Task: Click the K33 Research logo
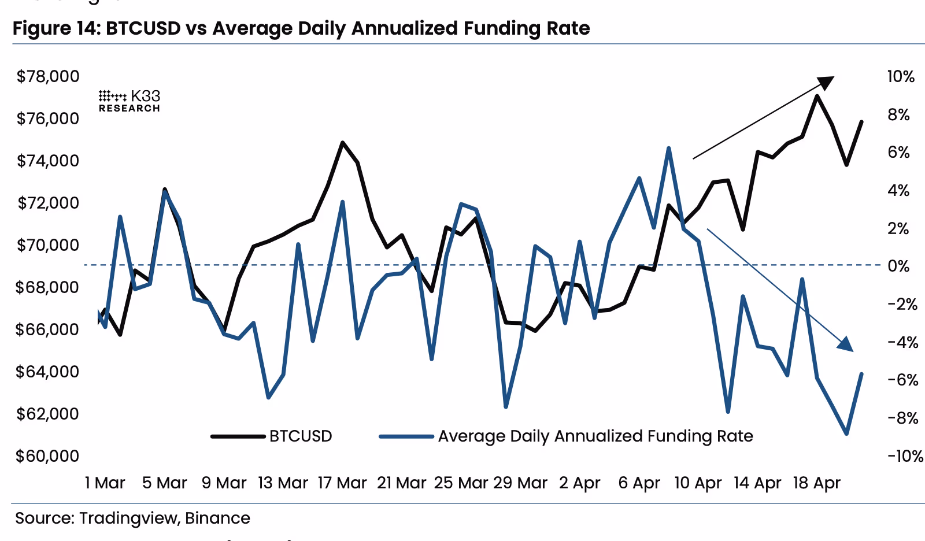[x=129, y=101]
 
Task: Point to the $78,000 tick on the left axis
[x=48, y=76]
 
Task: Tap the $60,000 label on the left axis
[x=48, y=456]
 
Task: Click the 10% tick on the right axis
[x=901, y=76]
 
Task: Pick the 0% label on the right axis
[x=898, y=266]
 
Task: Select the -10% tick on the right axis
[x=905, y=456]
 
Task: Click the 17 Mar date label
[x=342, y=483]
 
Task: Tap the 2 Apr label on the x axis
[x=579, y=483]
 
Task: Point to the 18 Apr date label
[x=816, y=483]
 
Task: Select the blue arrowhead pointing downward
[x=846, y=344]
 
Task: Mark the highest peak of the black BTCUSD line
[x=816, y=96]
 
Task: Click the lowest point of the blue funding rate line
[x=846, y=433]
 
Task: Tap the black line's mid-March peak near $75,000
[x=342, y=142]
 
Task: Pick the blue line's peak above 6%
[x=668, y=148]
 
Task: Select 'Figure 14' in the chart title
[x=55, y=28]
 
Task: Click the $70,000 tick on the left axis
[x=48, y=245]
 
